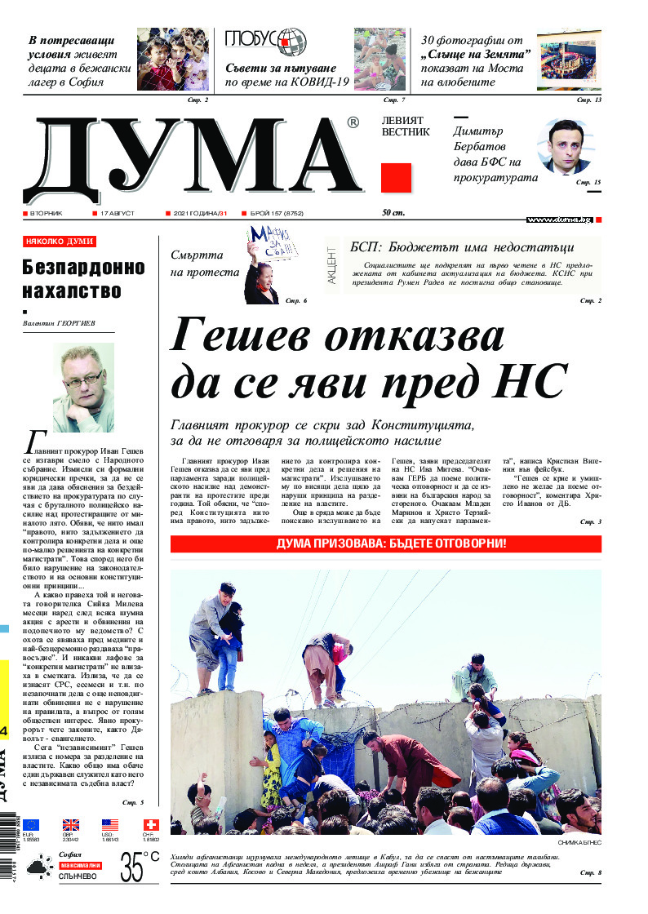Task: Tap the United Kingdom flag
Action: click(x=71, y=825)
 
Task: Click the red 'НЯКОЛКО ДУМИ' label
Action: click(x=59, y=242)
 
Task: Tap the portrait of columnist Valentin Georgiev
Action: click(x=82, y=387)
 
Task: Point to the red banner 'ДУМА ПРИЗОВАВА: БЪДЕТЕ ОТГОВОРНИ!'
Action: click(x=385, y=544)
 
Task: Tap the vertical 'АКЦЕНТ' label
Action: click(x=332, y=266)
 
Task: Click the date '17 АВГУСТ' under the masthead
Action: click(x=117, y=214)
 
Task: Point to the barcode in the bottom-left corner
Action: click(x=7, y=849)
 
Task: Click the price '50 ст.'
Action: click(x=393, y=214)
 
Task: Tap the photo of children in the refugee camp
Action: click(x=172, y=59)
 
